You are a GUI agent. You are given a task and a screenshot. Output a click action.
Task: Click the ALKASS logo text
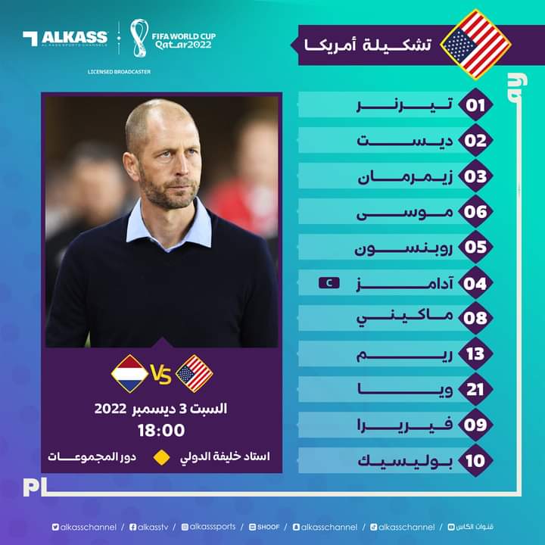coord(74,37)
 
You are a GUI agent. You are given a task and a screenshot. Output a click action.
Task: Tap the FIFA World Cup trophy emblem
coord(139,39)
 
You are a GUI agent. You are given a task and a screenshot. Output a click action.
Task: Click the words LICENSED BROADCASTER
coord(120,72)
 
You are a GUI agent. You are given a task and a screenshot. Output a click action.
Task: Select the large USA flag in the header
coord(475,45)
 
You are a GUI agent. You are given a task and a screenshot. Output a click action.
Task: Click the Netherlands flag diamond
coord(129,374)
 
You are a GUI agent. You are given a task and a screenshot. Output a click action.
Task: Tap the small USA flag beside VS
coord(195,374)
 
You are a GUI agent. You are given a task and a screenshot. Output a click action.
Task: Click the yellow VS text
coord(161,375)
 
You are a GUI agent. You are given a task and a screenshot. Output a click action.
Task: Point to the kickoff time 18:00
coord(161,430)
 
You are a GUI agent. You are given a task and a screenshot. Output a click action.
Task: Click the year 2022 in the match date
coord(111,409)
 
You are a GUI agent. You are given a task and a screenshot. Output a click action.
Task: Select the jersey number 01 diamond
coord(475,104)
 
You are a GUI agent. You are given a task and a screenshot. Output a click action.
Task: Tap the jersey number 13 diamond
coord(475,353)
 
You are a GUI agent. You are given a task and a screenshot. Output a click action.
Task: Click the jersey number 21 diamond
coord(475,389)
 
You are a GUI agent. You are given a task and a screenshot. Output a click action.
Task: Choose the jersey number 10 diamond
coord(475,460)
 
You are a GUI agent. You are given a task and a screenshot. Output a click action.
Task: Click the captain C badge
coord(329,283)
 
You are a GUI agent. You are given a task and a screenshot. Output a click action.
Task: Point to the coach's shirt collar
coord(169,226)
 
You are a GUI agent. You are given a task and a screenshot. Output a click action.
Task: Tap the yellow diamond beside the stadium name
coord(162,457)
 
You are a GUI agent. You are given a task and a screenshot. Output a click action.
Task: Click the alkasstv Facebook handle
coord(149,528)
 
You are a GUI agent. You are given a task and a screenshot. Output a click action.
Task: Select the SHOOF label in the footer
coord(264,528)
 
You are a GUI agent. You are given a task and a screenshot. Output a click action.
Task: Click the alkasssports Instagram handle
coord(209,528)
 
